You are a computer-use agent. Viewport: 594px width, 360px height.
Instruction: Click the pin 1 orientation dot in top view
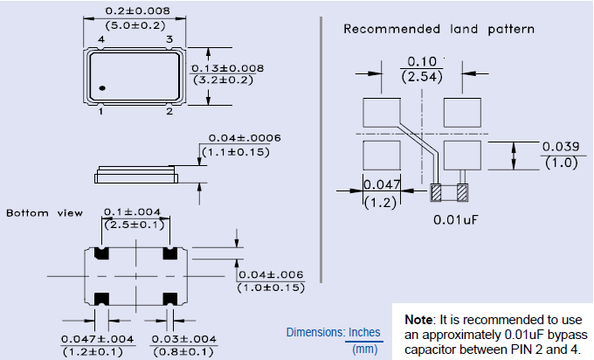102,87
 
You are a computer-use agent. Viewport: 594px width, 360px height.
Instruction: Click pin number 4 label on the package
101,40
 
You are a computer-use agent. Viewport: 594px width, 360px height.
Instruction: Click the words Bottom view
45,212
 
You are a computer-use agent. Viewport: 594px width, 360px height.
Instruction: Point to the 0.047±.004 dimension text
97,339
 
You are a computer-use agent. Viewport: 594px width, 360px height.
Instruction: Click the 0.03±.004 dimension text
183,339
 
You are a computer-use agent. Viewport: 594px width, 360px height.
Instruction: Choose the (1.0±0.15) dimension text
271,287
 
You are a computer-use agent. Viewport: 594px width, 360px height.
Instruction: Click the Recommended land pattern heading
439,29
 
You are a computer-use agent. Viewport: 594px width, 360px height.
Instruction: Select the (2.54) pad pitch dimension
421,77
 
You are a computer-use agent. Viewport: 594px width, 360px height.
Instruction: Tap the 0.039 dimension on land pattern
561,146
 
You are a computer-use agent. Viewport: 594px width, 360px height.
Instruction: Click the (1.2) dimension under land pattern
379,202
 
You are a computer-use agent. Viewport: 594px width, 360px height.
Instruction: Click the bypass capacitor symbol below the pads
448,192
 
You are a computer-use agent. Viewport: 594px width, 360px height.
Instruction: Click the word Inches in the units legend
365,333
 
